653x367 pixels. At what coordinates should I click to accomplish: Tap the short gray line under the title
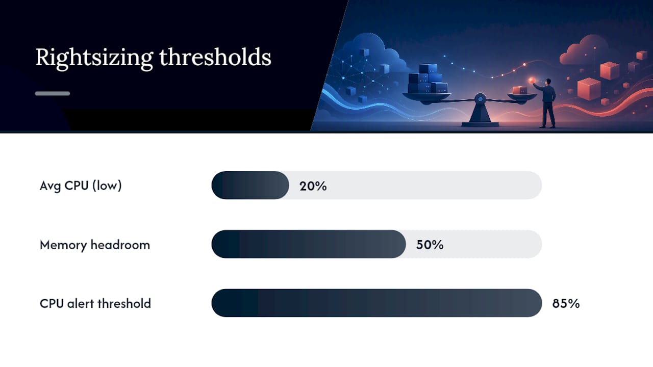pyautogui.click(x=53, y=93)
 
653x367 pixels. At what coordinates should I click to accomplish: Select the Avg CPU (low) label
pyautogui.click(x=81, y=186)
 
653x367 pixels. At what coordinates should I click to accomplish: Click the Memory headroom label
pyautogui.click(x=95, y=245)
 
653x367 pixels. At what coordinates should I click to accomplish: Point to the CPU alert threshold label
pyautogui.click(x=95, y=303)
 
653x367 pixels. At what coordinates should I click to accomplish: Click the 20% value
pyautogui.click(x=313, y=186)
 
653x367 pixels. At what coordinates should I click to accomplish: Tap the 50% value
pyautogui.click(x=430, y=245)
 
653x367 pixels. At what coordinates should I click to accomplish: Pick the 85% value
pyautogui.click(x=566, y=303)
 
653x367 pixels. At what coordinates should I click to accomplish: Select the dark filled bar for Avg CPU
pyautogui.click(x=250, y=185)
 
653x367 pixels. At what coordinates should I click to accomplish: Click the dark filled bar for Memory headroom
pyautogui.click(x=309, y=244)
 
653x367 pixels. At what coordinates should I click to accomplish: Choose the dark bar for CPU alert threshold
pyautogui.click(x=376, y=303)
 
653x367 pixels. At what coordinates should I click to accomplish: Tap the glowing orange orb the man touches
pyautogui.click(x=532, y=81)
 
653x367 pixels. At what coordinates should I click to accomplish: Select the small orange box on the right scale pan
pyautogui.click(x=519, y=90)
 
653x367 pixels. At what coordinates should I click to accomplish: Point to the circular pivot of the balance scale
pyautogui.click(x=480, y=99)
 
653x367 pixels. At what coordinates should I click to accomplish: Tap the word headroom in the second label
pyautogui.click(x=120, y=245)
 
